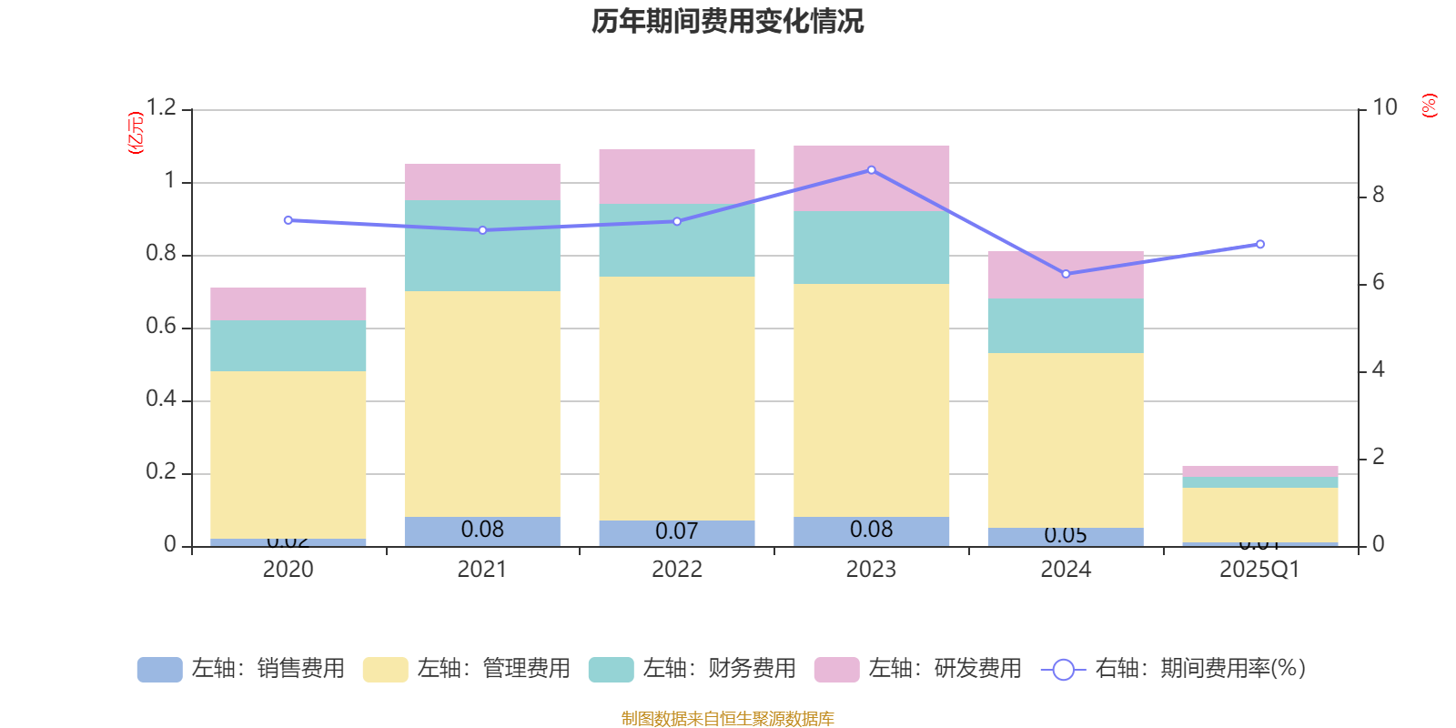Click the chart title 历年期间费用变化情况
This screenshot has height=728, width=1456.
point(727,21)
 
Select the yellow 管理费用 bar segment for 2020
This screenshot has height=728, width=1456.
point(288,454)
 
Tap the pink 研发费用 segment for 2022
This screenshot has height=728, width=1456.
point(677,176)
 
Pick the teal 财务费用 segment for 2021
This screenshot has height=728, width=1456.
point(482,246)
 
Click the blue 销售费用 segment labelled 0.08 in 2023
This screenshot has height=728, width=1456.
point(872,531)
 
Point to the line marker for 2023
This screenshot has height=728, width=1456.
point(872,170)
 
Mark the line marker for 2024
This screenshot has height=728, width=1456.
point(1066,274)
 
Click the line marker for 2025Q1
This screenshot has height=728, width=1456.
point(1260,244)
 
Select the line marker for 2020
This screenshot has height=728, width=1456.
point(288,220)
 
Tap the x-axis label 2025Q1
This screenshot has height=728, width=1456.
point(1259,570)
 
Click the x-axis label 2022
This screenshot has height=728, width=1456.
point(677,570)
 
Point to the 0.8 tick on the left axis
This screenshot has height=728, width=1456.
point(161,254)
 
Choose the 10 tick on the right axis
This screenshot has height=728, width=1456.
point(1384,107)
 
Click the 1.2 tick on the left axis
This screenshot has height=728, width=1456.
point(161,107)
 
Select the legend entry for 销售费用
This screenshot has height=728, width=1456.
point(241,669)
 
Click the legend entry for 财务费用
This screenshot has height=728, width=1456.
point(693,669)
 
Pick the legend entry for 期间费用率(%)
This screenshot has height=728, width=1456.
point(1174,669)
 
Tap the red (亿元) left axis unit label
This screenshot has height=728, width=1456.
point(136,133)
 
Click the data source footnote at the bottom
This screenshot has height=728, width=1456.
point(727,719)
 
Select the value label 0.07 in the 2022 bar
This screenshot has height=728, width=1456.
point(677,531)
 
